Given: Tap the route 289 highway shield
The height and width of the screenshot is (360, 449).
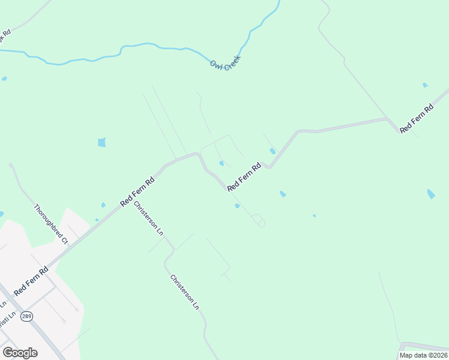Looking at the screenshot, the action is tap(26, 316).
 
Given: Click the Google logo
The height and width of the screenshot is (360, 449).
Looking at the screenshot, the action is tap(20, 353).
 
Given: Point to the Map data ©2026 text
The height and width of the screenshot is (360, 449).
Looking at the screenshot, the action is tap(423, 355).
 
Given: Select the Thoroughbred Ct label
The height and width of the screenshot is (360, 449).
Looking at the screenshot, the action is tap(51, 224).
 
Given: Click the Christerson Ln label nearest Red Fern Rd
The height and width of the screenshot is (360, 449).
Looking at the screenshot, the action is tap(149, 217).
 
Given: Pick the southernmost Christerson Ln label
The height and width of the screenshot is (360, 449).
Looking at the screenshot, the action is tap(184, 292).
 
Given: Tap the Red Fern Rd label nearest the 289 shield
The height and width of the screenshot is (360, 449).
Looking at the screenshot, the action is tap(31, 281).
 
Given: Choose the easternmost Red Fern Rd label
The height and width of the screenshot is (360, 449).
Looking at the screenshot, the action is tap(416, 119).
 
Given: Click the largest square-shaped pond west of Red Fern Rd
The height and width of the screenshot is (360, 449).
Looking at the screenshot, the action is tap(101, 142).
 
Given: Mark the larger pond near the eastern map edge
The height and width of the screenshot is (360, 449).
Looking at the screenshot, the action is tap(430, 194).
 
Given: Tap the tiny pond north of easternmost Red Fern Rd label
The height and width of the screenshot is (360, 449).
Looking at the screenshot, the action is tap(425, 85).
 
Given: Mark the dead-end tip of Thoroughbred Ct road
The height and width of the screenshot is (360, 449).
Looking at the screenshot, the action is tap(11, 164).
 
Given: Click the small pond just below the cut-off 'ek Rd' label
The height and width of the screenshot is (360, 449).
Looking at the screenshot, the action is tap(4, 79).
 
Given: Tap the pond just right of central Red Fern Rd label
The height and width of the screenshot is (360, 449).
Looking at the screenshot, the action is tap(273, 151).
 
